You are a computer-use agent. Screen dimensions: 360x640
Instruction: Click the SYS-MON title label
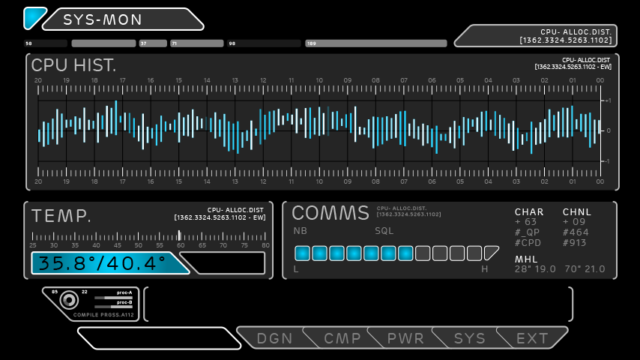pyautogui.click(x=103, y=19)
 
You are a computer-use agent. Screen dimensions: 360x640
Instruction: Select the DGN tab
pyautogui.click(x=274, y=338)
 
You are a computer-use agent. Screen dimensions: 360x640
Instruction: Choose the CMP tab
pyautogui.click(x=342, y=338)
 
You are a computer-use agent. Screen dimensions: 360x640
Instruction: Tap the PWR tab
pyautogui.click(x=405, y=338)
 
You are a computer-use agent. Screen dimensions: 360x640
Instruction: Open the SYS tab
pyautogui.click(x=470, y=338)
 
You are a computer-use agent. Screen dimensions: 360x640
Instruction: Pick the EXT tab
pyautogui.click(x=532, y=338)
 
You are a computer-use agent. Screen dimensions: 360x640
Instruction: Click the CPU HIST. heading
pyautogui.click(x=73, y=65)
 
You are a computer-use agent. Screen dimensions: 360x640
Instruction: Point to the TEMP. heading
pyautogui.click(x=61, y=217)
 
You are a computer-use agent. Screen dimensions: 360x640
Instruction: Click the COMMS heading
pyautogui.click(x=330, y=213)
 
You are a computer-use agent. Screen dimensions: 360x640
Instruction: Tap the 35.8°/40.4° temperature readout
pyautogui.click(x=102, y=263)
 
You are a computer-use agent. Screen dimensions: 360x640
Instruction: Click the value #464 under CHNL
pyautogui.click(x=576, y=232)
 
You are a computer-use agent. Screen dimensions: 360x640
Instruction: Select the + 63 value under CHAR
pyautogui.click(x=525, y=222)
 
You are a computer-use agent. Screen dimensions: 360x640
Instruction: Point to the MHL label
pyautogui.click(x=526, y=259)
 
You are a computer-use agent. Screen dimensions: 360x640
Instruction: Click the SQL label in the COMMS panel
pyautogui.click(x=384, y=231)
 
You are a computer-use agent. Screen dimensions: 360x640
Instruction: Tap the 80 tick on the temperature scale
pyautogui.click(x=265, y=245)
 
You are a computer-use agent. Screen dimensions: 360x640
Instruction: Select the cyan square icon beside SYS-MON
pyautogui.click(x=34, y=17)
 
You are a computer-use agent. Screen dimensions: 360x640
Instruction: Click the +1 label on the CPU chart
pyautogui.click(x=607, y=100)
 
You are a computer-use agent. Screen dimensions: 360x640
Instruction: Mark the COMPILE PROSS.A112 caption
pyautogui.click(x=103, y=315)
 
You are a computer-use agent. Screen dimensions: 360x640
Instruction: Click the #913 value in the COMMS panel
pyautogui.click(x=576, y=243)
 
